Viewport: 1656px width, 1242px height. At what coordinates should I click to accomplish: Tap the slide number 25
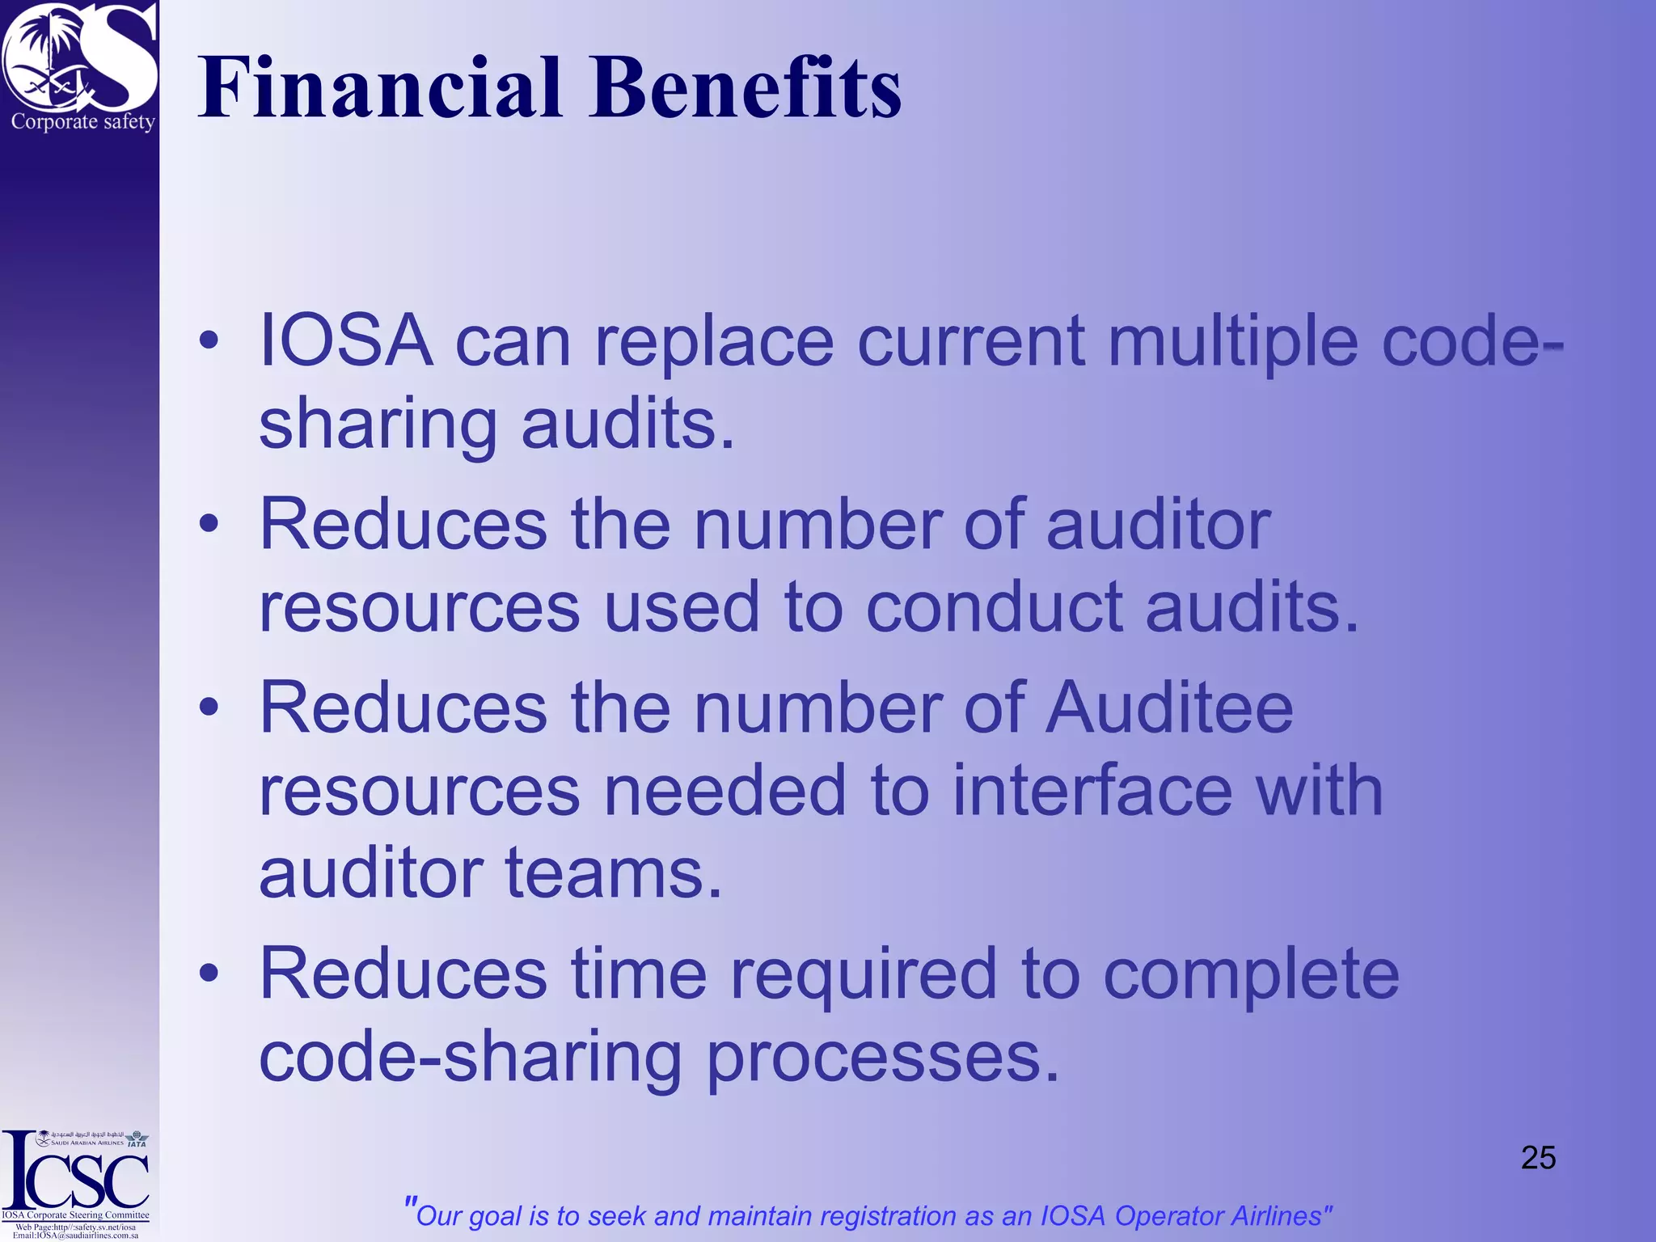click(1538, 1158)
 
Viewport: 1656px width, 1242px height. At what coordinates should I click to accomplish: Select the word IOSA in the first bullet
click(345, 340)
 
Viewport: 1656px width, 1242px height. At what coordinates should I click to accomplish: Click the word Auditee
click(1169, 708)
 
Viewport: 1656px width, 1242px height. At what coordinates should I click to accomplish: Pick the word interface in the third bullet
click(1092, 790)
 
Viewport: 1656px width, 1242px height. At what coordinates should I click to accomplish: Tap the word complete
click(1251, 974)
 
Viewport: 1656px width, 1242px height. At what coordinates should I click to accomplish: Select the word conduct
click(994, 606)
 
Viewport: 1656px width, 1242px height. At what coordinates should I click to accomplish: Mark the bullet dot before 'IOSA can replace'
click(209, 340)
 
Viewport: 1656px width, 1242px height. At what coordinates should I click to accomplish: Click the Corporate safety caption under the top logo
click(82, 122)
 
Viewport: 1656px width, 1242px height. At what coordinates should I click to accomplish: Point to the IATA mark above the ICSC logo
click(137, 1140)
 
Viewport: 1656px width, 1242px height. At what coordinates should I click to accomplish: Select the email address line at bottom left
click(75, 1236)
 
